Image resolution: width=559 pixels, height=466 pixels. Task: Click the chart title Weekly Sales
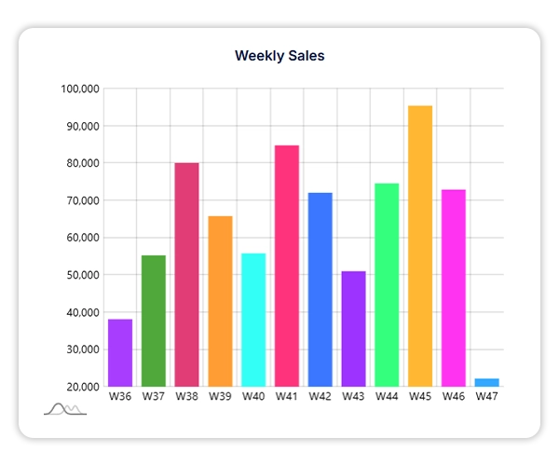click(x=279, y=56)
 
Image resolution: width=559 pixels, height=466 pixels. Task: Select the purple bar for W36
click(x=120, y=352)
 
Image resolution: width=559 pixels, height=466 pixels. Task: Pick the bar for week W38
click(x=186, y=274)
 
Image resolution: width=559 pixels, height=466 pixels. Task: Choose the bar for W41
click(x=287, y=265)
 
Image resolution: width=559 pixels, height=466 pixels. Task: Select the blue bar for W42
click(x=320, y=289)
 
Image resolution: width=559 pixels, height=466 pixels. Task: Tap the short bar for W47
click(x=486, y=382)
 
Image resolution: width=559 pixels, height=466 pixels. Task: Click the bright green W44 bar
click(x=387, y=284)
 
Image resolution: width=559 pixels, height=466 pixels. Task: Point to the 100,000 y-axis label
click(x=79, y=89)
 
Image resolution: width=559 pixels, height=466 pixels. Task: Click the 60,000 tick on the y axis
click(x=79, y=238)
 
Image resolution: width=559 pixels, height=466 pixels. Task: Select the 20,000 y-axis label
click(x=79, y=387)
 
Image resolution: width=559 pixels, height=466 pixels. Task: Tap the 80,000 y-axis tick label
click(x=79, y=163)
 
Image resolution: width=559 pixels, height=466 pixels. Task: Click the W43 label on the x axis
click(x=353, y=396)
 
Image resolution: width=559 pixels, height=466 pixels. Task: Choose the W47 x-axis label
click(x=486, y=396)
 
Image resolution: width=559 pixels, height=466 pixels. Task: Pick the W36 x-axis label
click(x=120, y=396)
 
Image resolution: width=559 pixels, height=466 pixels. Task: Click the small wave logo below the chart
click(x=65, y=409)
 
